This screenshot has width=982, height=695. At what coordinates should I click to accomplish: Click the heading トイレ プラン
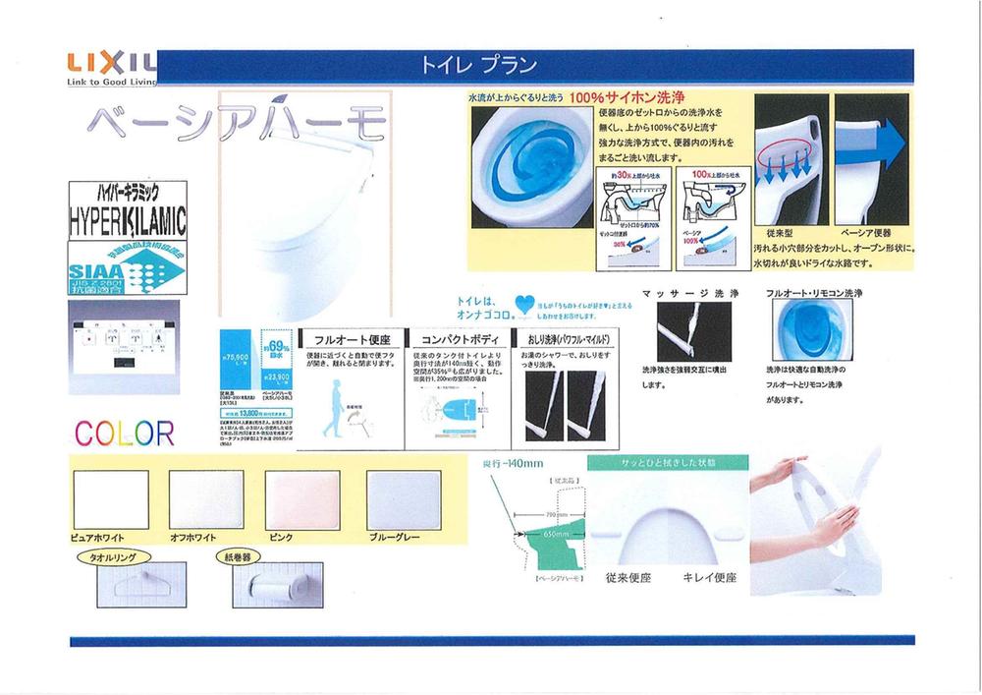(478, 67)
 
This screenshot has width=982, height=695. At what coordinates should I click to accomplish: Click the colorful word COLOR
(124, 433)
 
